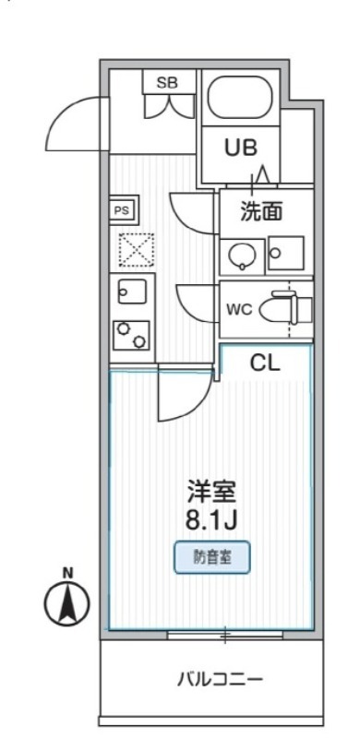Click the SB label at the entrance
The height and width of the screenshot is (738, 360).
167,83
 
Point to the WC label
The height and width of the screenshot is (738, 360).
239,309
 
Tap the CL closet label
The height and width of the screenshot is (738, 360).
265,363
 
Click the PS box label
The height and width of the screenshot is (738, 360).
122,210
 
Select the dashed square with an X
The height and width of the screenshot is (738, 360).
135,248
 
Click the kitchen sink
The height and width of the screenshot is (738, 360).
126,292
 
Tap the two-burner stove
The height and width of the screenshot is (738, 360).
131,334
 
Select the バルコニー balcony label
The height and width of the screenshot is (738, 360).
221,680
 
